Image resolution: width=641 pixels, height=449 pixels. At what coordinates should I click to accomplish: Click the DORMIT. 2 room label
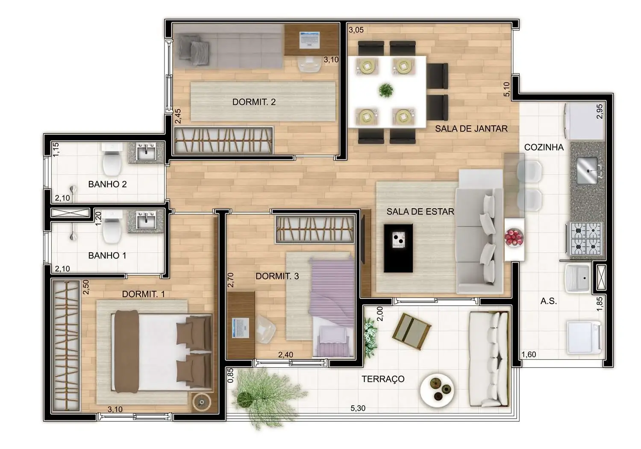[254, 102]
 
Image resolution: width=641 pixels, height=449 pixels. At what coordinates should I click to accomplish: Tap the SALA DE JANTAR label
[471, 128]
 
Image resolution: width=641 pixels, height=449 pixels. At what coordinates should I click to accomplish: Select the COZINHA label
[544, 147]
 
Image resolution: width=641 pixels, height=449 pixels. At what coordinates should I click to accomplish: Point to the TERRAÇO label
[383, 379]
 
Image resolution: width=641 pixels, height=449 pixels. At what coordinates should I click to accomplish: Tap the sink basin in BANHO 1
[146, 221]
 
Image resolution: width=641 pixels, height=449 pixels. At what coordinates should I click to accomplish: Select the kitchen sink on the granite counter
[587, 170]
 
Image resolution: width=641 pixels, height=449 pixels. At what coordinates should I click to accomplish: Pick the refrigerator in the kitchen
[584, 121]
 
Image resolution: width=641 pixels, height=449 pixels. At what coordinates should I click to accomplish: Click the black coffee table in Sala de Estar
[398, 248]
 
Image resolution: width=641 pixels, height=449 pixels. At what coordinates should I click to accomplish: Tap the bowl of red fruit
[514, 237]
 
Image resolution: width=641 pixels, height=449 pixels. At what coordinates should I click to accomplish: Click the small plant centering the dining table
[386, 90]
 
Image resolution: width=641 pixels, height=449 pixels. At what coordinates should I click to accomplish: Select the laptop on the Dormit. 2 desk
[310, 39]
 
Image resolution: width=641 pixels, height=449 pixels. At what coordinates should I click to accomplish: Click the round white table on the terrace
[437, 390]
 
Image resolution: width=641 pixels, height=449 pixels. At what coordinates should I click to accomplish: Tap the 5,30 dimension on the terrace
[358, 408]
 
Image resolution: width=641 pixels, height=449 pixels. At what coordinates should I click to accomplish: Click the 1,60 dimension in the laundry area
[529, 354]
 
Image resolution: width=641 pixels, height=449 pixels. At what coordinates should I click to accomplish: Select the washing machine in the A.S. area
[583, 338]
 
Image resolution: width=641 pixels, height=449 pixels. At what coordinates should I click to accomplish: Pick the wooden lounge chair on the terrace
[412, 330]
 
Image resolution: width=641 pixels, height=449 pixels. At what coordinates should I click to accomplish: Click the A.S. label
[548, 301]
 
